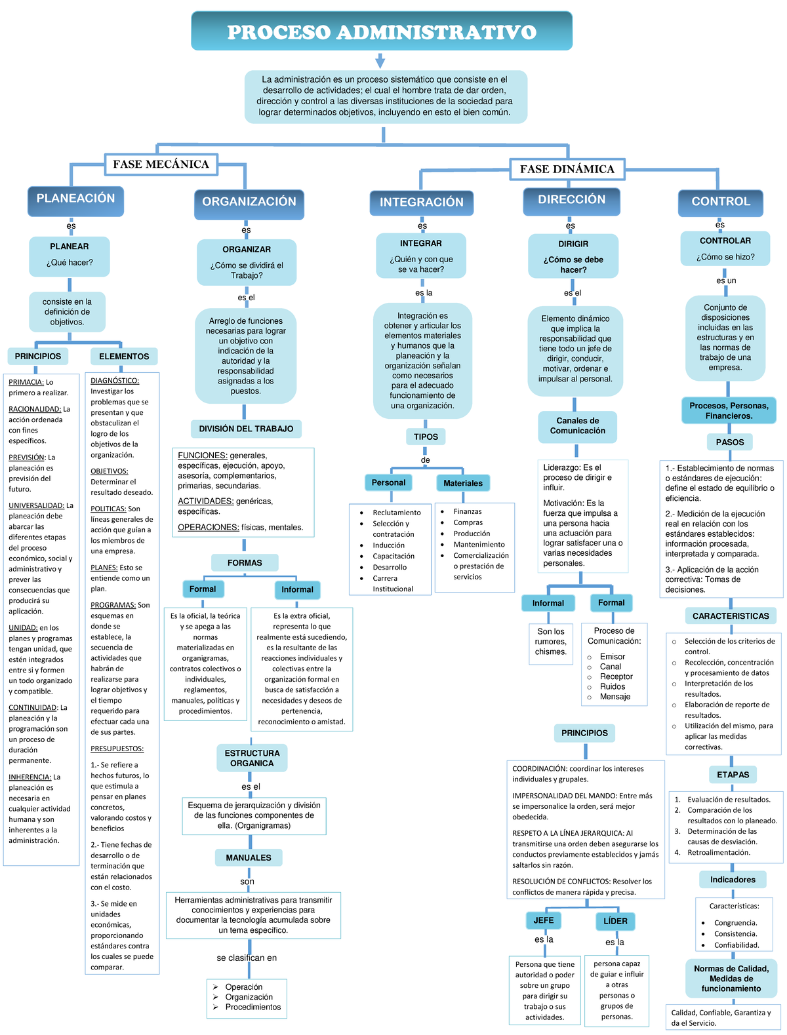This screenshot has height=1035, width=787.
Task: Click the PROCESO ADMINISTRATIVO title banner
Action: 381,31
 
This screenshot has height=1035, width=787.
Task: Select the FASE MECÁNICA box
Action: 161,165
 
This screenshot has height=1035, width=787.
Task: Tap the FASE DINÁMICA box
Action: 567,169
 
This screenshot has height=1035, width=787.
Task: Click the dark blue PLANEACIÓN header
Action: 75,199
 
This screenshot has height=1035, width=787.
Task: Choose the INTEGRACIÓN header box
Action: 421,203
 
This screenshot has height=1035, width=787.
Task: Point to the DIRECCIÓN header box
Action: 571,201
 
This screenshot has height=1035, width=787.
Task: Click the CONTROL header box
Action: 720,202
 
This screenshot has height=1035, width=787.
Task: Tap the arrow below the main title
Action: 380,61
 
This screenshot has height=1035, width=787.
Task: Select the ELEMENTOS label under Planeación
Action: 124,357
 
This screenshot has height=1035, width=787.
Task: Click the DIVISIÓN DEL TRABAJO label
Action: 246,429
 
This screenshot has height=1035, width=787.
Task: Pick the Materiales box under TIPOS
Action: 462,483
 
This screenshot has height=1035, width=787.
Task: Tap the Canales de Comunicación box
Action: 577,426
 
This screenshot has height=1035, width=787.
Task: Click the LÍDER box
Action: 615,921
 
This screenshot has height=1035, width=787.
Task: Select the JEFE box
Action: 543,920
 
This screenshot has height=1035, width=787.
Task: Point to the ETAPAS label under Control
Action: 733,775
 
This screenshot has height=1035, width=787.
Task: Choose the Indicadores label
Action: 733,880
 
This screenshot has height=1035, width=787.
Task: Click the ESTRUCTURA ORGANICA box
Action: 252,758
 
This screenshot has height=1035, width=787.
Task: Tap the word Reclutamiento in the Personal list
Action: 397,513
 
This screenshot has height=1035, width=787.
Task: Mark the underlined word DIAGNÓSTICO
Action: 114,381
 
